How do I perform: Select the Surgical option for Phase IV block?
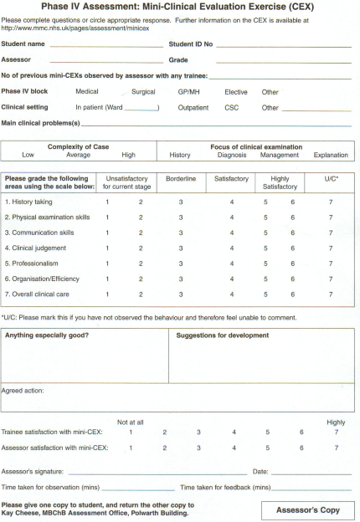click(144, 92)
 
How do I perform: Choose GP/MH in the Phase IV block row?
click(189, 92)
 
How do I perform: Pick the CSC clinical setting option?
click(232, 108)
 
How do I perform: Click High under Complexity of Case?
click(128, 155)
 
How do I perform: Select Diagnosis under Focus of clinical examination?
click(231, 155)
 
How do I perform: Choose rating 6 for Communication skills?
click(292, 233)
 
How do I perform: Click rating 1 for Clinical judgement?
click(107, 248)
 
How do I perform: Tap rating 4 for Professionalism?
click(232, 264)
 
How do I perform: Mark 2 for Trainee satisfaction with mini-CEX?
click(165, 432)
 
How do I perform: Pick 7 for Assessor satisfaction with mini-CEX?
click(336, 448)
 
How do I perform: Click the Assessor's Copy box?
click(307, 509)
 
